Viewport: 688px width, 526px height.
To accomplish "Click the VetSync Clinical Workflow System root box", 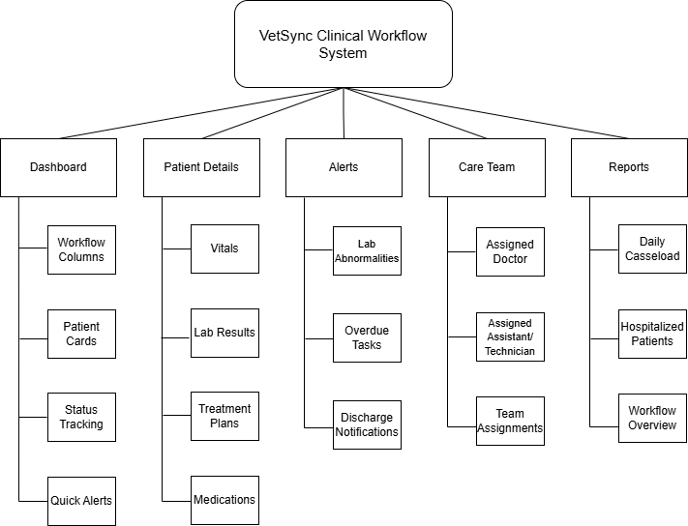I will (344, 44).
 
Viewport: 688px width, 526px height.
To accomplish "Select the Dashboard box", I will (58, 167).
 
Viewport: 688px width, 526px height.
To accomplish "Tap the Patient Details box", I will (201, 167).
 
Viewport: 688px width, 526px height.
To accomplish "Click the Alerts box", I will (344, 167).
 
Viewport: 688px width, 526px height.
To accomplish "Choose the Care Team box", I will (487, 167).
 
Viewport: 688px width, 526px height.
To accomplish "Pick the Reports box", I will (629, 167).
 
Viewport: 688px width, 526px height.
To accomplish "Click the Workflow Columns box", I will (81, 249).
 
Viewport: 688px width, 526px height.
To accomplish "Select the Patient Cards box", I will (81, 334).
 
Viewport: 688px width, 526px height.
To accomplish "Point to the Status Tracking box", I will (81, 417).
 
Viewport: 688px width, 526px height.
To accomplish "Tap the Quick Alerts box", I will (81, 500).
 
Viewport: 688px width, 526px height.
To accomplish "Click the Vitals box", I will (224, 248).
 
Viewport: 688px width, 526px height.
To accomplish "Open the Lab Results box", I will (224, 333).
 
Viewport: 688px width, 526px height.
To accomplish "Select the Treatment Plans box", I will (224, 416).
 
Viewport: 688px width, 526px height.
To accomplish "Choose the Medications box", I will (224, 500).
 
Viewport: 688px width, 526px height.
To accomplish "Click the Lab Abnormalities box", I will (367, 251).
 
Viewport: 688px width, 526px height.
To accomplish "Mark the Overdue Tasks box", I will (367, 337).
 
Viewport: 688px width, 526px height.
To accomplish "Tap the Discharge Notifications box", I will (367, 424).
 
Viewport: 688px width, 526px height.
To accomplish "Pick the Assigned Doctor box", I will (510, 252).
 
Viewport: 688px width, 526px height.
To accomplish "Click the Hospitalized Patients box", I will (652, 334).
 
